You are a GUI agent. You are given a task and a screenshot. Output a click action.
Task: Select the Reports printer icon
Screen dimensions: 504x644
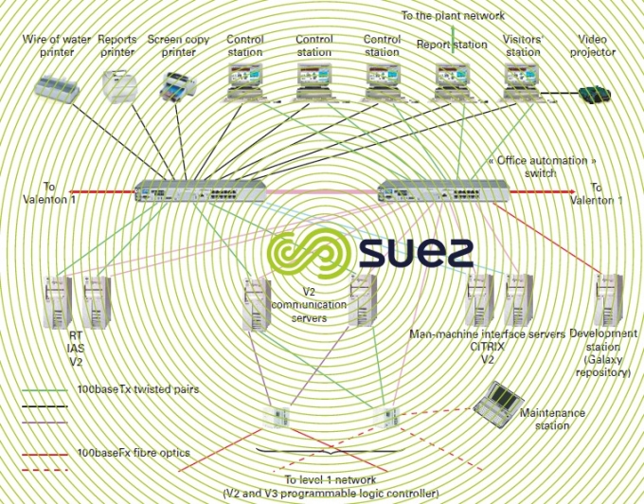tap(117, 88)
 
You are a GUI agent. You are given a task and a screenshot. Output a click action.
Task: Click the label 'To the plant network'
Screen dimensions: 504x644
tap(453, 15)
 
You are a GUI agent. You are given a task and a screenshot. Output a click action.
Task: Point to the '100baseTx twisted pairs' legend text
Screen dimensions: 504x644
tap(138, 389)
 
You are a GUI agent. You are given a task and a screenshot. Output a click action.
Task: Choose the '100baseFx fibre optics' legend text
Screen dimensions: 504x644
tap(134, 453)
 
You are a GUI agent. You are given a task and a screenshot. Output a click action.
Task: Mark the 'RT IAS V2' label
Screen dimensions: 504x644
tap(76, 348)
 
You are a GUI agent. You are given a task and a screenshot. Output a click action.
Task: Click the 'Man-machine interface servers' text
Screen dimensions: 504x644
tap(487, 334)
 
